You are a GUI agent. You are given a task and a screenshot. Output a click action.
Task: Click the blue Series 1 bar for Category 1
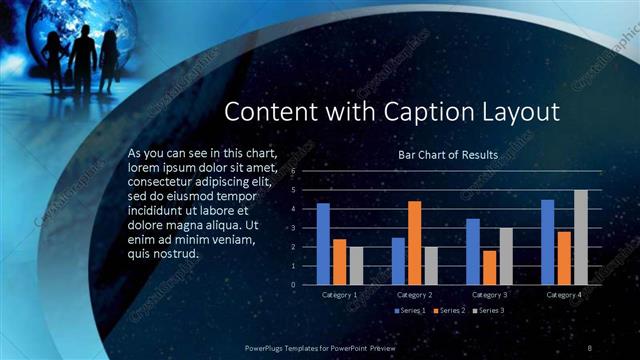click(x=323, y=244)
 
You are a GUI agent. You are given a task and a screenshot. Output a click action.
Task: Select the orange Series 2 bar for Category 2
click(x=414, y=243)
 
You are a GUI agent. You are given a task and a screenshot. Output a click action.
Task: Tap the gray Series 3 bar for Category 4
click(x=580, y=237)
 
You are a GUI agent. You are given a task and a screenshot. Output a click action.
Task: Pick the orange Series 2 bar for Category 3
click(x=489, y=267)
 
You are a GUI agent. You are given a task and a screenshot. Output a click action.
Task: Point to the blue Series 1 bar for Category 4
click(x=547, y=242)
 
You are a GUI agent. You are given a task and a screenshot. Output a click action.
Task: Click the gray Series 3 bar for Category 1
click(x=356, y=265)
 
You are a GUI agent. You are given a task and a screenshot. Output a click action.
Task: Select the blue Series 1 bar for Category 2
click(x=398, y=260)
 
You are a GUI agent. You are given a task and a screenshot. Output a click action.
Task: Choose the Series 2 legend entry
click(x=451, y=311)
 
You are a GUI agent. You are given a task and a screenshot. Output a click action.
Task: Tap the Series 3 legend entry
click(x=491, y=311)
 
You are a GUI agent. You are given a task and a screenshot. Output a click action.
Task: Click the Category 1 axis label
click(x=340, y=295)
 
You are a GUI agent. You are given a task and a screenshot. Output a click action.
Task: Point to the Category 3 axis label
click(x=489, y=295)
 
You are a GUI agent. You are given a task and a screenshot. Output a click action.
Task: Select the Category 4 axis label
click(x=564, y=295)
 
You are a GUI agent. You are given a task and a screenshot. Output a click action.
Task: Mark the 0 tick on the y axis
click(x=293, y=284)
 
